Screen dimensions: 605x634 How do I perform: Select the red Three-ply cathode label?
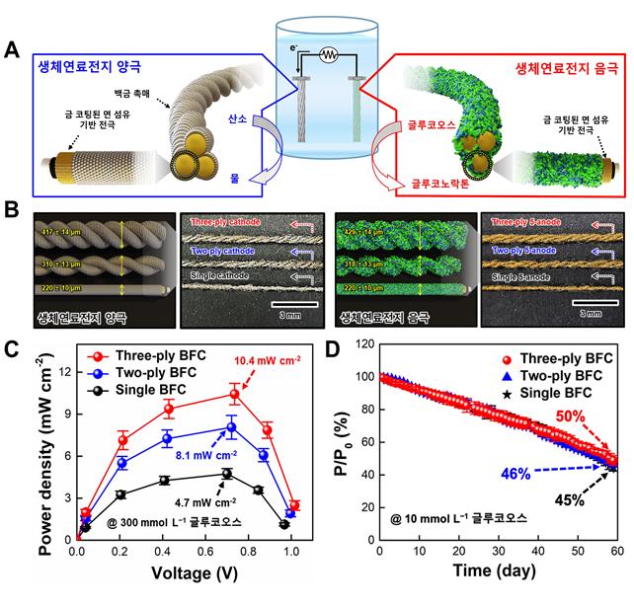[x=232, y=223]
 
